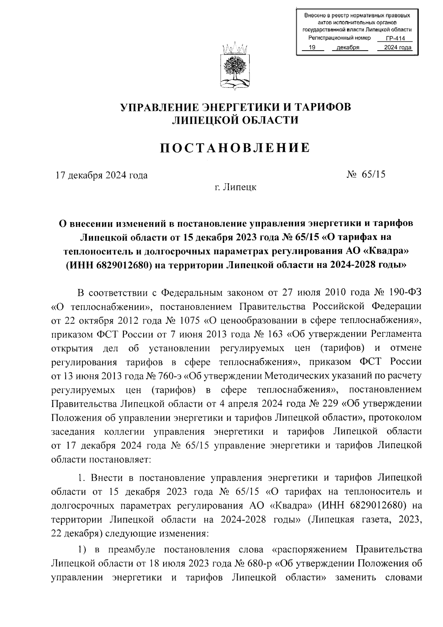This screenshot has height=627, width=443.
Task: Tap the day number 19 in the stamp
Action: click(312, 47)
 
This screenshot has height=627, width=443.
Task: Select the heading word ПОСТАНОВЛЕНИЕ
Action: click(235, 148)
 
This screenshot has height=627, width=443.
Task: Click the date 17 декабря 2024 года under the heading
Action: click(102, 175)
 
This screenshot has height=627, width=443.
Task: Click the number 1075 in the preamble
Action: click(190, 321)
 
